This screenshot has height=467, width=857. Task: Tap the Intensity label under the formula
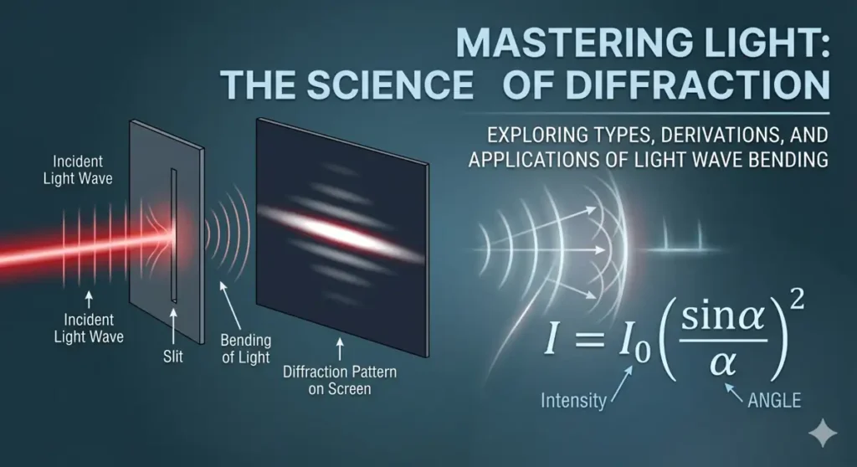pyautogui.click(x=572, y=400)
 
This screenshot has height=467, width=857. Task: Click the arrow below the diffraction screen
pyautogui.click(x=339, y=345)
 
